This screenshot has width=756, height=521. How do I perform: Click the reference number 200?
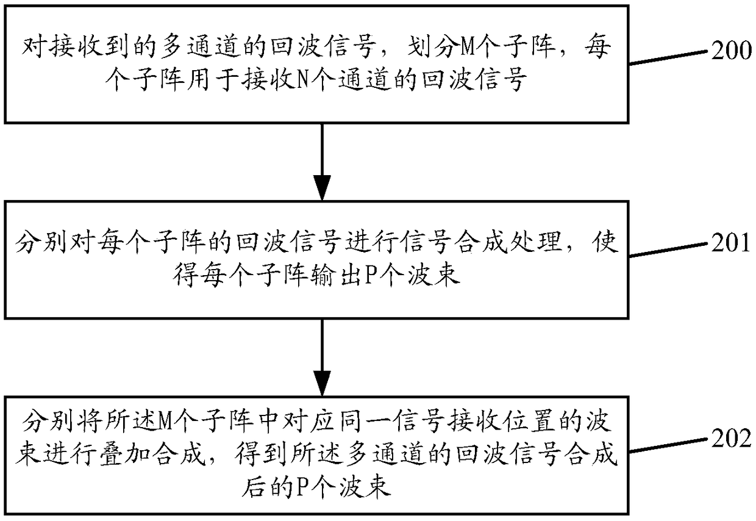(x=731, y=51)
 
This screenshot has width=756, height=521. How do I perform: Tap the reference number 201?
(x=731, y=244)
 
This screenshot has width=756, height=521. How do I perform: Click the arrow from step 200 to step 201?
(x=321, y=161)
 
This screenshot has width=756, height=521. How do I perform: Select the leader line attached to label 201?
(x=668, y=250)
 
